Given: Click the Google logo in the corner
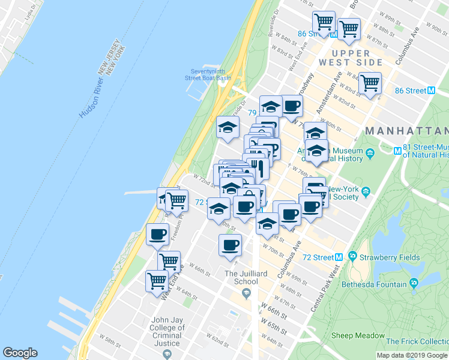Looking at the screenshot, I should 20,353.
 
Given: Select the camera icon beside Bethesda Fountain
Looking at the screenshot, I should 414,283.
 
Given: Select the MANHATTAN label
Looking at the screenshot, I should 406,131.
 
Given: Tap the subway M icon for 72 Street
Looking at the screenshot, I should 339,257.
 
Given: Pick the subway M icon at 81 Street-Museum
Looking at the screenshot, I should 397,151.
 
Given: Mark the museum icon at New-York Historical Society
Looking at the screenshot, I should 366,192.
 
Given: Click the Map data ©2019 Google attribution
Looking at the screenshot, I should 412,355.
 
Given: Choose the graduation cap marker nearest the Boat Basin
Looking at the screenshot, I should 228,128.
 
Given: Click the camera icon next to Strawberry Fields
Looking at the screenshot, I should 352,257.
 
